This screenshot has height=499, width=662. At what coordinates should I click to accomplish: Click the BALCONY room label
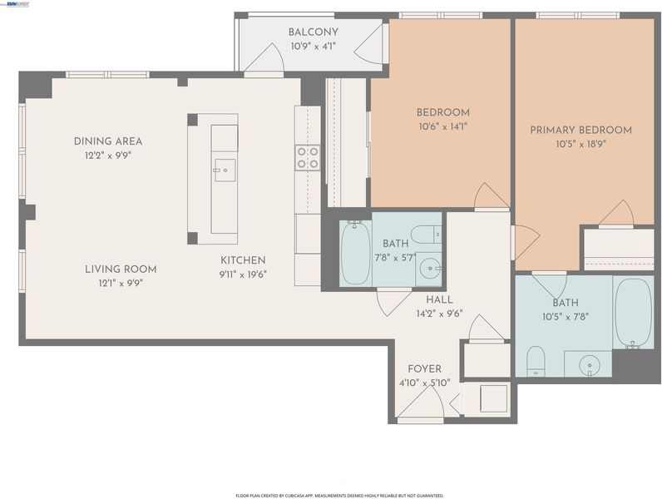coord(314,32)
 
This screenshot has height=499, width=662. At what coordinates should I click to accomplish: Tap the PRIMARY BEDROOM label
coord(581,130)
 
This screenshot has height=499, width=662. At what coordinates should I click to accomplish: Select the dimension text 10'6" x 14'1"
coord(443,126)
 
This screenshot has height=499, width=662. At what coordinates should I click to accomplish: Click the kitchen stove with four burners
coord(308,158)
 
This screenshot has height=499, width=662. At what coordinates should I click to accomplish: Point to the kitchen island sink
coord(225,170)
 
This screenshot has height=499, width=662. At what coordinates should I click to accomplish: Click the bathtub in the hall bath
coord(356,253)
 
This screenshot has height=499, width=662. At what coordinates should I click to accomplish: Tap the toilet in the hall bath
coord(426,235)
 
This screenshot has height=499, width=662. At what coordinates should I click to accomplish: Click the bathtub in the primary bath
coord(633,313)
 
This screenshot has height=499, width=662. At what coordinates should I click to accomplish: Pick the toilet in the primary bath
coord(536,361)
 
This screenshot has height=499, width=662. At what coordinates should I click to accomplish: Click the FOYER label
coord(425,369)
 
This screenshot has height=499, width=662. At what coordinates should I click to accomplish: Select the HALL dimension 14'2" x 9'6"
coord(439,314)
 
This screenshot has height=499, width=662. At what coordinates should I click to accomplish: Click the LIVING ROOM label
coord(121,269)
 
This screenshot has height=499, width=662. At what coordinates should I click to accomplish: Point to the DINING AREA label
coord(108,141)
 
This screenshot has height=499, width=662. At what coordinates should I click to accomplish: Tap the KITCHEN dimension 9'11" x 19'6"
coord(243,274)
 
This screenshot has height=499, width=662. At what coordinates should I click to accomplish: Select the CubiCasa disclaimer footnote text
coord(339,495)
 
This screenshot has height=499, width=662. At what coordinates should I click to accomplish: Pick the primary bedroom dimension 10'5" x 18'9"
coord(581,145)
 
